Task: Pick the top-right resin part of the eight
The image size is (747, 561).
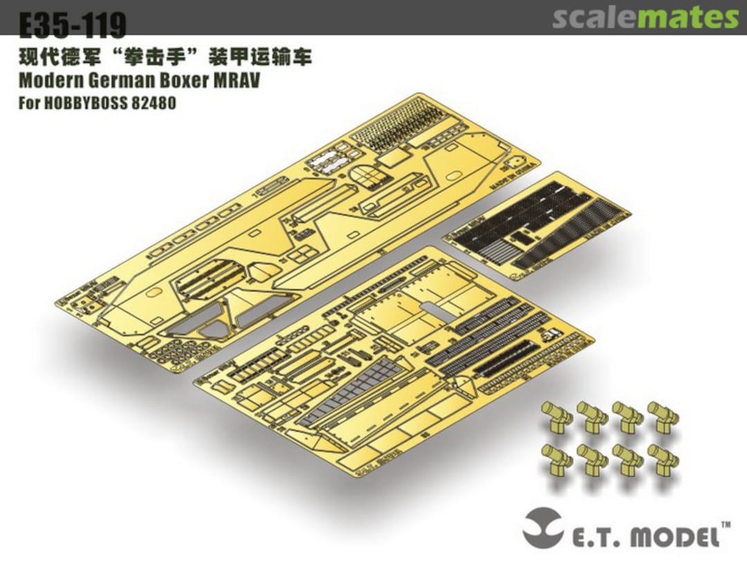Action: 663,416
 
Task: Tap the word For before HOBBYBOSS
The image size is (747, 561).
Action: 28,104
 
